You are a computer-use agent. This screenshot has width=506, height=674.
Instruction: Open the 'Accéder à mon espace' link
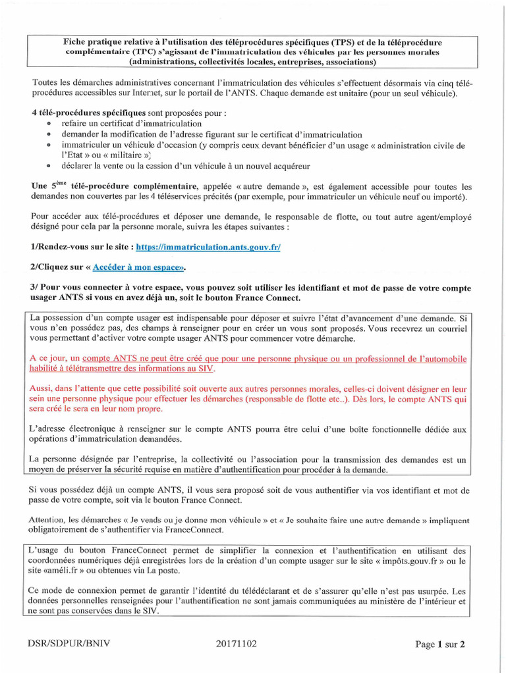(x=136, y=267)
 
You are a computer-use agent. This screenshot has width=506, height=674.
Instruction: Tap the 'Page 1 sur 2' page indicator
(x=440, y=644)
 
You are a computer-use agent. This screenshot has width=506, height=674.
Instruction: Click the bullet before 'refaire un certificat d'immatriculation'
(x=49, y=124)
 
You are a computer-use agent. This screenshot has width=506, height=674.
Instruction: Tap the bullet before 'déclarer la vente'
(x=49, y=166)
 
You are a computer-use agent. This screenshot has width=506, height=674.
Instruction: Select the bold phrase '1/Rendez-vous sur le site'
(x=82, y=247)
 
